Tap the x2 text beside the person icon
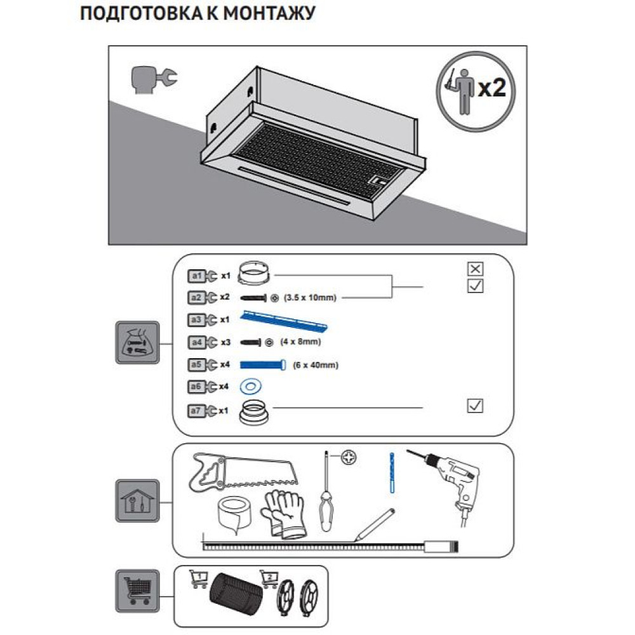pyautogui.click(x=491, y=88)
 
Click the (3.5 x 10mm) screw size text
pyautogui.click(x=309, y=297)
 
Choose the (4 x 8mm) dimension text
pyautogui.click(x=300, y=342)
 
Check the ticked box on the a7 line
pyautogui.click(x=474, y=405)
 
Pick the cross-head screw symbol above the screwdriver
pyautogui.click(x=348, y=457)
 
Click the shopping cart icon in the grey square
pyautogui.click(x=136, y=587)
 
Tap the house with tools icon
pyautogui.click(x=136, y=501)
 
